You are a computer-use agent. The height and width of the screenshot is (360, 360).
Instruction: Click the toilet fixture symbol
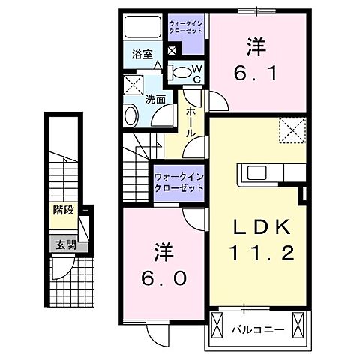[x=181, y=72]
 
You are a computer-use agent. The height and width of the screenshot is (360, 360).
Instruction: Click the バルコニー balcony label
[x=256, y=328]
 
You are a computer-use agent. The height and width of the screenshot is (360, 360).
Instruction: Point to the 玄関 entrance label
[x=62, y=243]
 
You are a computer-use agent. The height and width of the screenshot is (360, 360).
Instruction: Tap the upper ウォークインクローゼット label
[x=185, y=31]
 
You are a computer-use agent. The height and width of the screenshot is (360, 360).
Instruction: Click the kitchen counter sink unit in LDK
[x=267, y=175]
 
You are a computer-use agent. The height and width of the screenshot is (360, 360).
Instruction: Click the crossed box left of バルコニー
[x=217, y=327]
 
